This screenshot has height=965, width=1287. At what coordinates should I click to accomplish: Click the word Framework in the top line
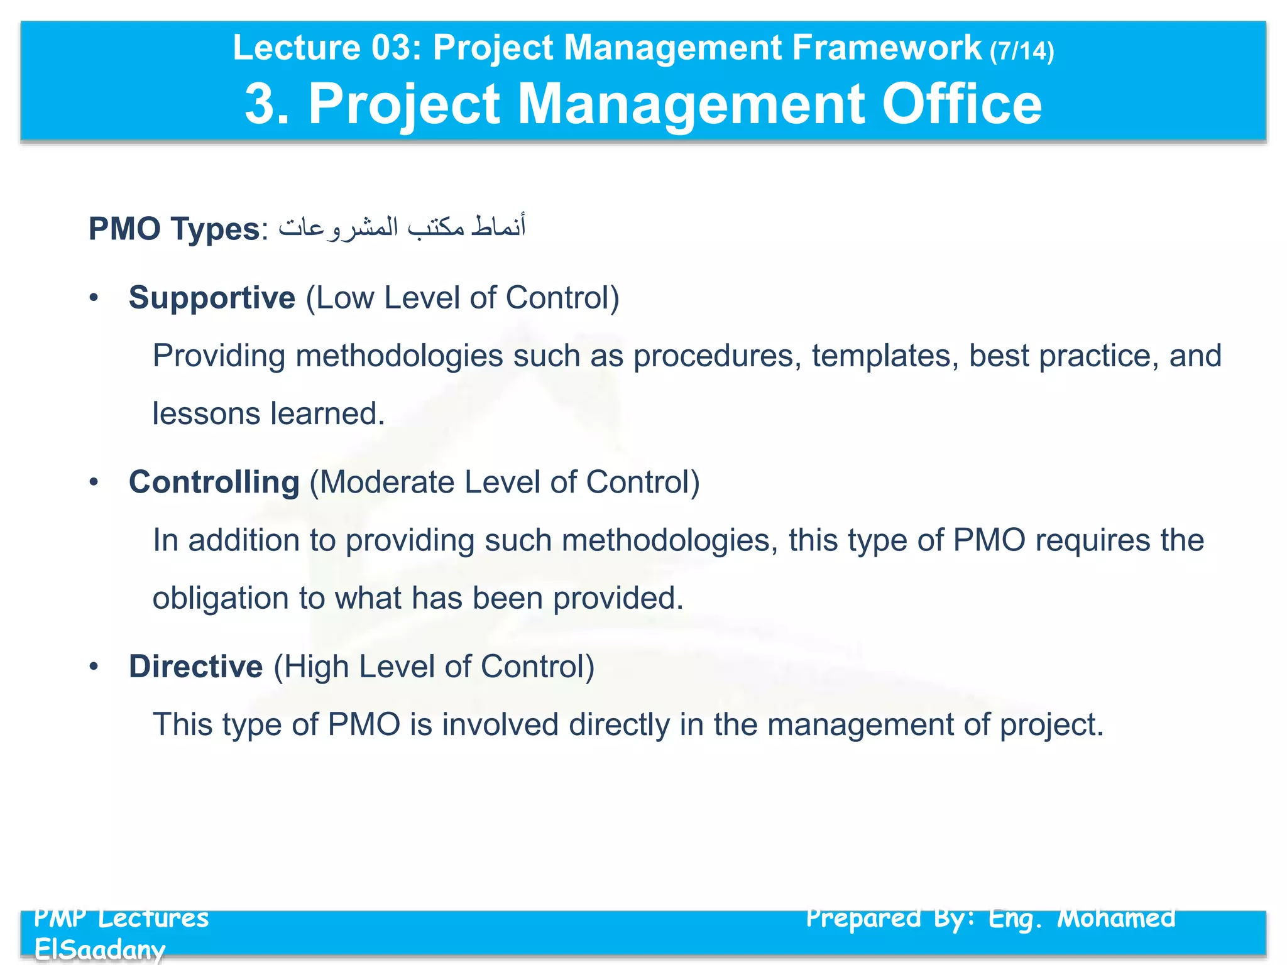[887, 48]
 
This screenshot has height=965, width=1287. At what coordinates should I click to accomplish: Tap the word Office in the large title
[961, 104]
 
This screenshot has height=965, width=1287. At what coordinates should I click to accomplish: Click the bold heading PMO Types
[174, 229]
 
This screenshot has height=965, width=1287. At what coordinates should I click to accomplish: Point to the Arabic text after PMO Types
[402, 227]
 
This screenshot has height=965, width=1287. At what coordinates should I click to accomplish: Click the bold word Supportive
[212, 298]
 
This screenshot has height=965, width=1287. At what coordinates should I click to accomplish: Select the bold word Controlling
[214, 482]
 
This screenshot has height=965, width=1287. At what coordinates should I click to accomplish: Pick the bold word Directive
[195, 667]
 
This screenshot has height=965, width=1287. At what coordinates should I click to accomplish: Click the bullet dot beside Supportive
[94, 298]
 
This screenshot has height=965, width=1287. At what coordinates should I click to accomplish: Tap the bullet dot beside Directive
[94, 667]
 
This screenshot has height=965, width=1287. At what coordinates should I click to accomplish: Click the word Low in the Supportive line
[345, 298]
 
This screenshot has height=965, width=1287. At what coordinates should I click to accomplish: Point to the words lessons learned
[268, 414]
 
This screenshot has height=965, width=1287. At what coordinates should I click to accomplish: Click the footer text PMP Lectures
[121, 919]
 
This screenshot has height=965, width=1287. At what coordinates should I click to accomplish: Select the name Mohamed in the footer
[1116, 919]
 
